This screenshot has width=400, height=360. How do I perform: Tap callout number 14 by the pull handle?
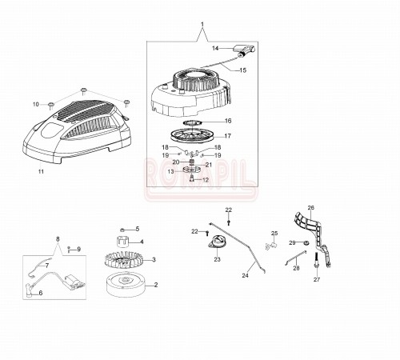pos(215,48)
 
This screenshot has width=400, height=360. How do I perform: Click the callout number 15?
pos(242,70)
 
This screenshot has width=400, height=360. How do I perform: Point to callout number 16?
pos(227,121)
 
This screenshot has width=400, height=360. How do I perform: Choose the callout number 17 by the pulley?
pos(228,136)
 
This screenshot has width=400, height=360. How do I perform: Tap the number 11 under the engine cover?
pos(41,171)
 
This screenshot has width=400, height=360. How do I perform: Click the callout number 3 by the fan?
pos(154,259)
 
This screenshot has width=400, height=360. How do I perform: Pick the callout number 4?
pos(141,242)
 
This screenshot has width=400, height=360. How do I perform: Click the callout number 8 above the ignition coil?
pos(57,239)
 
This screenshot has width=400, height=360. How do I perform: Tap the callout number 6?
pos(40,293)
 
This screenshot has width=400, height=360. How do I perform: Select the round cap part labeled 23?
pos(217,246)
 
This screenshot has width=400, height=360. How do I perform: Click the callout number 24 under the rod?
pos(246,276)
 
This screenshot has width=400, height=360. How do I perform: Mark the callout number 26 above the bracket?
pos(310,208)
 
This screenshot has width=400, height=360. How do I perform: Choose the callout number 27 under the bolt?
pos(316,280)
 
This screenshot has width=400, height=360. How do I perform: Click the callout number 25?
pos(274,234)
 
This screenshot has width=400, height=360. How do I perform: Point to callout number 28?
pos(296,268)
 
